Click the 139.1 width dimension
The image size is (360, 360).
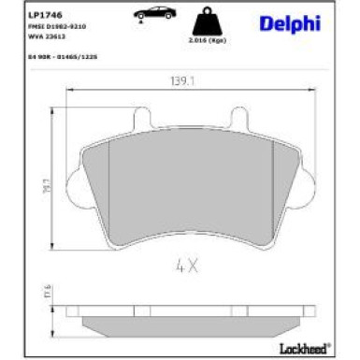pos(182,82)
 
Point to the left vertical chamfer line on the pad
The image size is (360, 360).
pos(111,182)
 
